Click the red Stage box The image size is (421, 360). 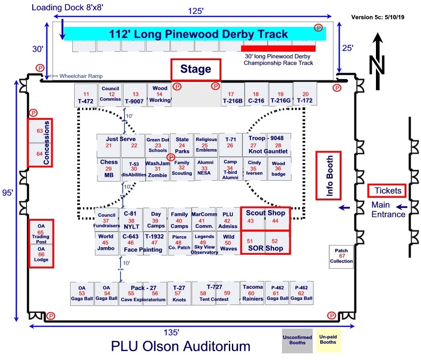[x=196, y=69]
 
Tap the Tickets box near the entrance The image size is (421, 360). [x=387, y=191]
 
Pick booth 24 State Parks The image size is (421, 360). [x=182, y=145]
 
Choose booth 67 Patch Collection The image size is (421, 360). [x=341, y=257]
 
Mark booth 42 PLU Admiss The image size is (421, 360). [x=228, y=218]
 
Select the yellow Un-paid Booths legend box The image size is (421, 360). [x=328, y=339]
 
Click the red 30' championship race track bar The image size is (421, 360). [x=278, y=49]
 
